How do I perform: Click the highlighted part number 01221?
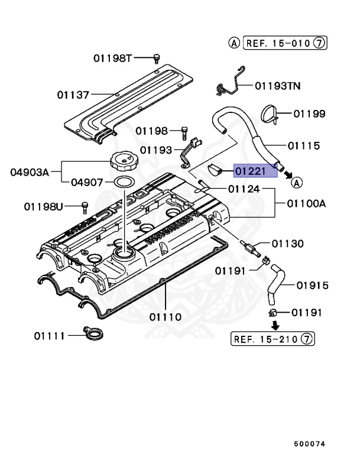tap(255, 171)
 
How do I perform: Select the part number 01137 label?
tap(73, 95)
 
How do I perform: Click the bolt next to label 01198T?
tap(157, 57)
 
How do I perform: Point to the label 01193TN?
tap(277, 86)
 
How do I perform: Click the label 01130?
tap(288, 243)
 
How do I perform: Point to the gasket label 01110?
tap(165, 317)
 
